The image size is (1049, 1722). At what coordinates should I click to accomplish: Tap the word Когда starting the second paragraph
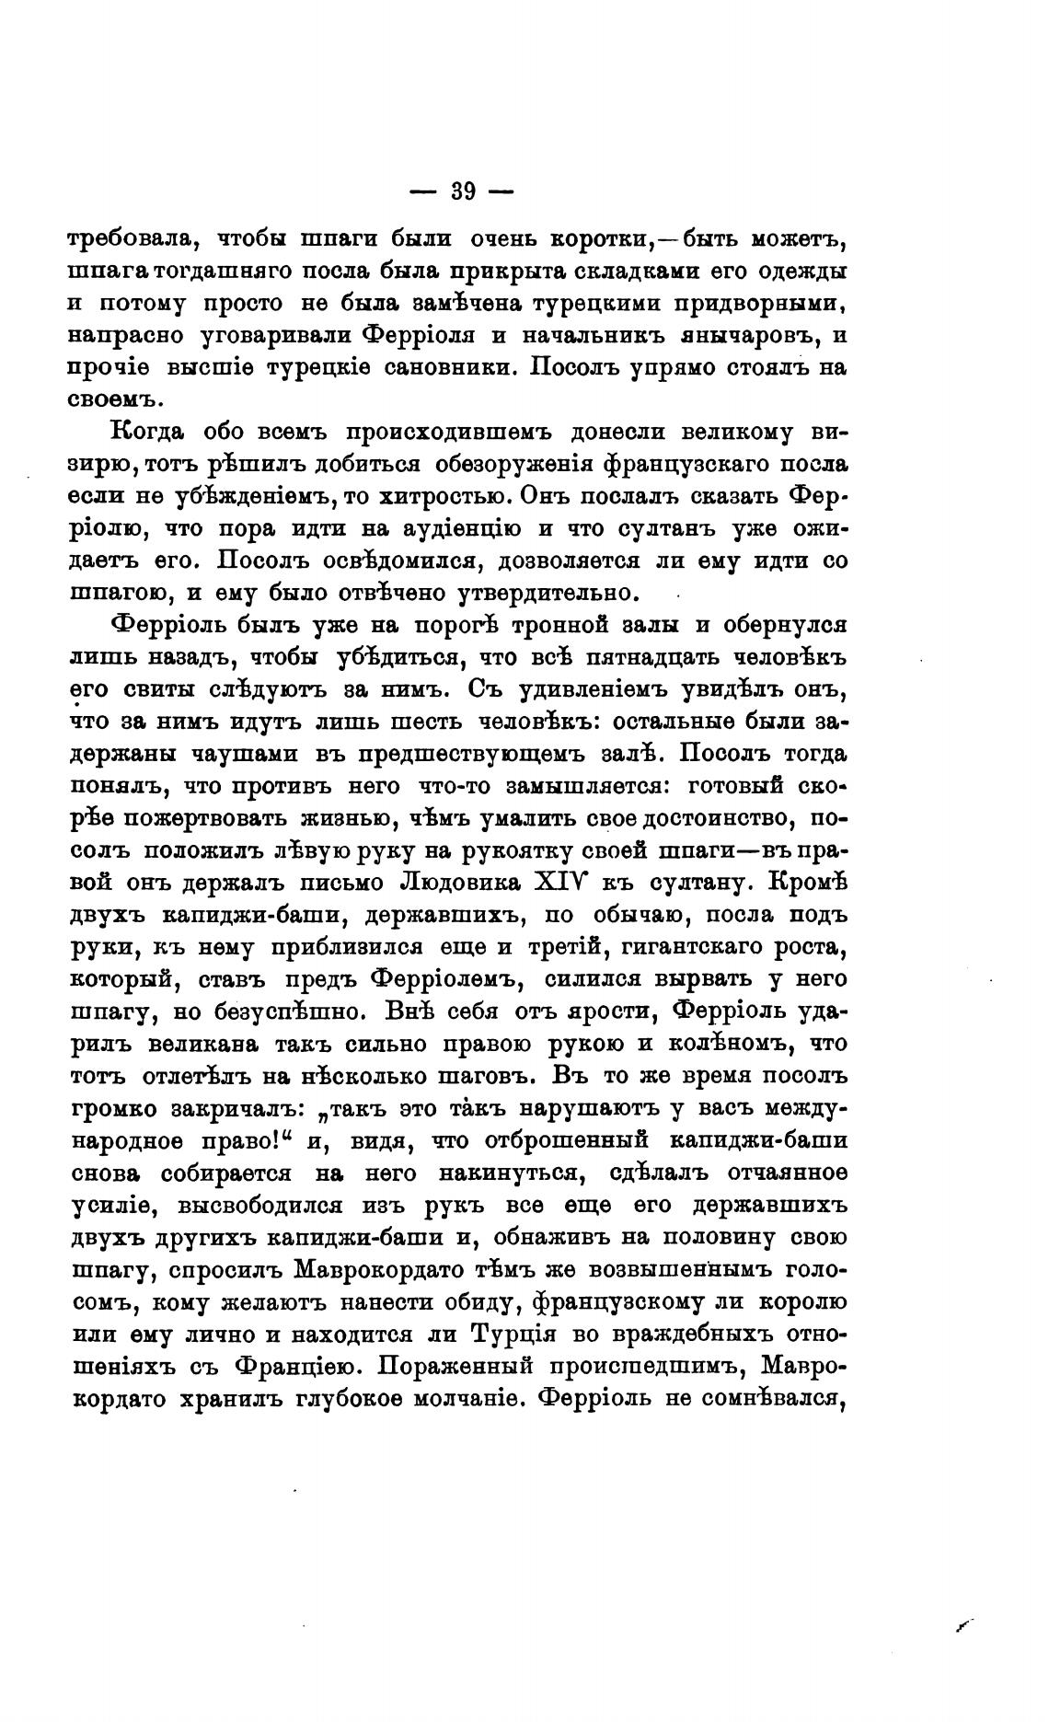tap(149, 432)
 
